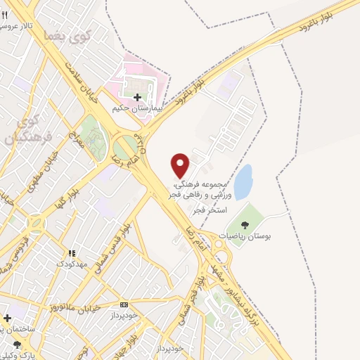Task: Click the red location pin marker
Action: [181, 165]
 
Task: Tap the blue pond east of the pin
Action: [243, 182]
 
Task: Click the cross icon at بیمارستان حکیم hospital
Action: [137, 97]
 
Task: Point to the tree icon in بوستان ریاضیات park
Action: [245, 224]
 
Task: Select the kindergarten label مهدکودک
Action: [71, 264]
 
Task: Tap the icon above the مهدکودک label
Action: [71, 253]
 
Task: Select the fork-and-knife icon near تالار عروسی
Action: [6, 15]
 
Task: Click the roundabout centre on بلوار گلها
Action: [34, 225]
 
